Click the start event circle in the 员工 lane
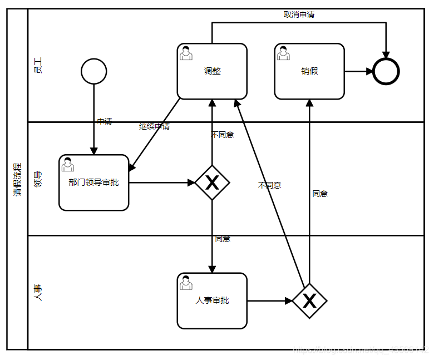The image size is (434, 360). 93,71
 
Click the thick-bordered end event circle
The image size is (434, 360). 386,71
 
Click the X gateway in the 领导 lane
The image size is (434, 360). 212,183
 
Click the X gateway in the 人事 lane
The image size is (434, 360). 309,301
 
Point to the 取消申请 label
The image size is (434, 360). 299,14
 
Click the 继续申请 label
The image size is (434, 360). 154,126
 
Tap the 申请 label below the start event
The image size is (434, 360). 104,121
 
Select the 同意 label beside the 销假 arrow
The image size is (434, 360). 320,194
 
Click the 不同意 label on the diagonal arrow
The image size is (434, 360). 269,185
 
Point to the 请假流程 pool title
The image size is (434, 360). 17,179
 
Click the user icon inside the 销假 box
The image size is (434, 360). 283,53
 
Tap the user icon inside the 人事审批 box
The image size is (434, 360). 186,283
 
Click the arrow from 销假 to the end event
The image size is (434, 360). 359,71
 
